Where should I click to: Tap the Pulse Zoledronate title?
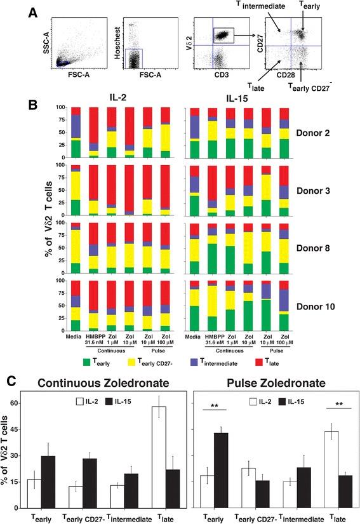pyautogui.click(x=267, y=383)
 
